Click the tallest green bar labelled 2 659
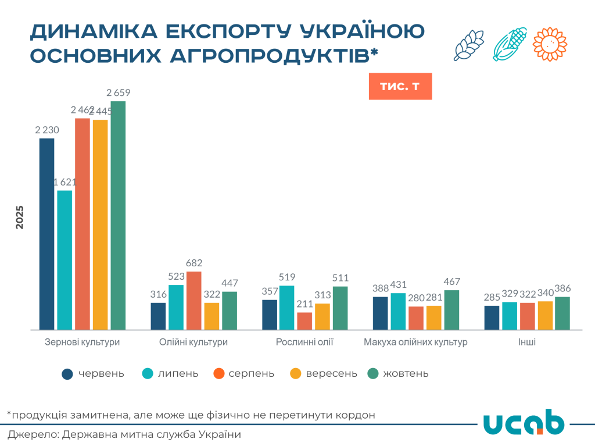(x=118, y=215)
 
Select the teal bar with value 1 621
(x=64, y=260)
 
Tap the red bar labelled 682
(x=193, y=301)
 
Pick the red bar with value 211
(x=304, y=321)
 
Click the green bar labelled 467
(x=451, y=310)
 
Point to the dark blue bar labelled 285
(x=492, y=317)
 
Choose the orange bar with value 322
(x=212, y=316)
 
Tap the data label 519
(x=286, y=277)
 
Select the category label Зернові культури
(x=83, y=342)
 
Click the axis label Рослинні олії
(x=304, y=342)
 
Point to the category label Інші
(x=527, y=342)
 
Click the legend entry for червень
(x=93, y=373)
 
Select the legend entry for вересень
(x=323, y=373)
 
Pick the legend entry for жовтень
(x=398, y=373)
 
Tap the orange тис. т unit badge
(x=400, y=87)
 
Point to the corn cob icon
(x=510, y=44)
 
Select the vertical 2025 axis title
(x=20, y=217)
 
